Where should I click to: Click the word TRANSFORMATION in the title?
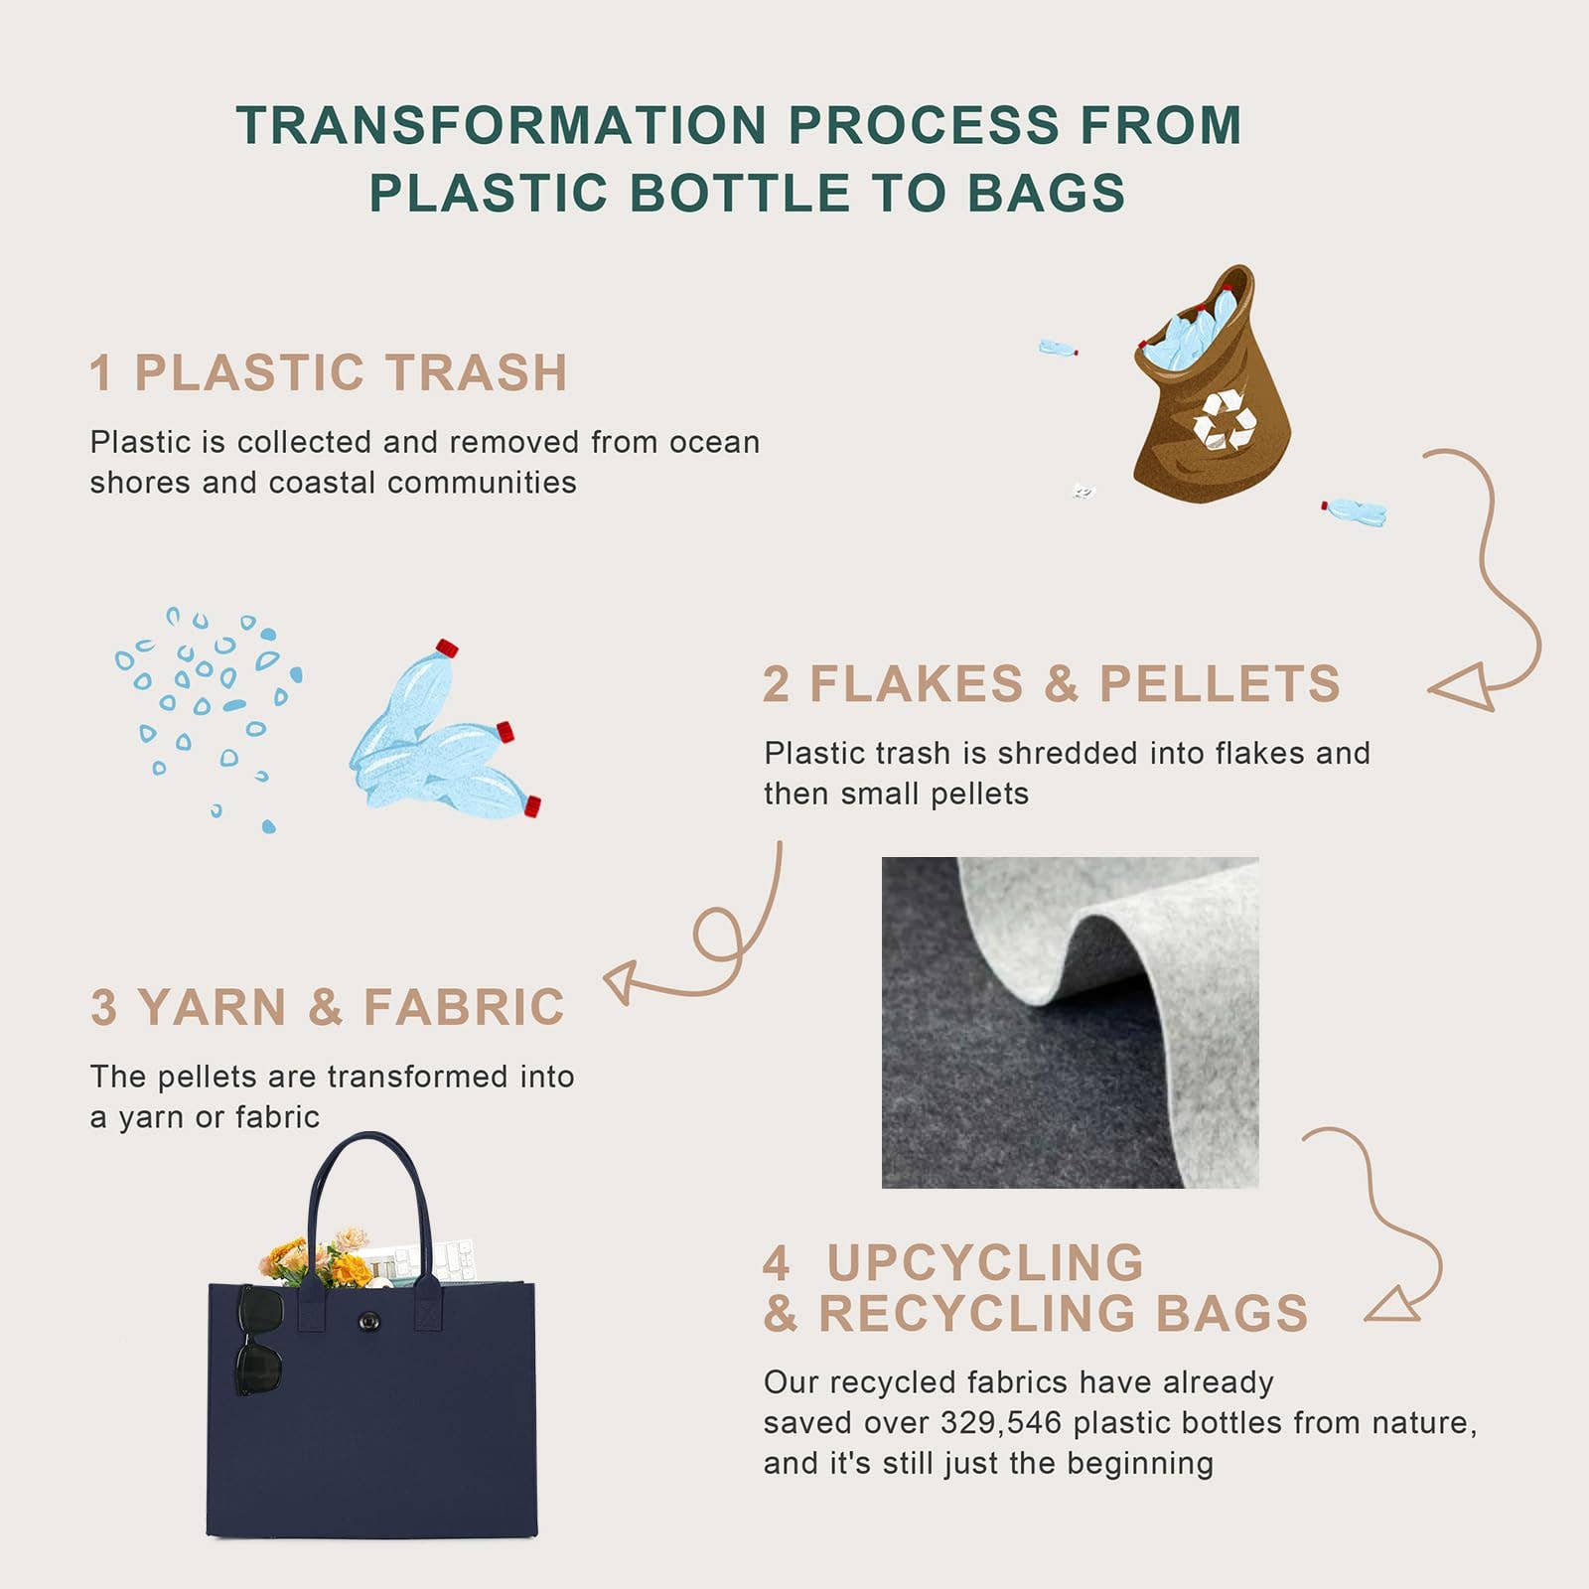[502, 126]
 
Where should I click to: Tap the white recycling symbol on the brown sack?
[1225, 420]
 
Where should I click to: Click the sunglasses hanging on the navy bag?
[260, 1340]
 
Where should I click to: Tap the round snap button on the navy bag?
[369, 1321]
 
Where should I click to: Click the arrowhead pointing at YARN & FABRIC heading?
[621, 981]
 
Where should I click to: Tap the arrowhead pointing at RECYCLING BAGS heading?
[1392, 1304]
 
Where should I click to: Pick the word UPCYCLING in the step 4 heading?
[985, 1263]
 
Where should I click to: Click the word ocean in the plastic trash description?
[714, 442]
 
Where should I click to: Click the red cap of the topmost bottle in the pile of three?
[447, 649]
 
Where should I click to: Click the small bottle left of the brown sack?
[1058, 348]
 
